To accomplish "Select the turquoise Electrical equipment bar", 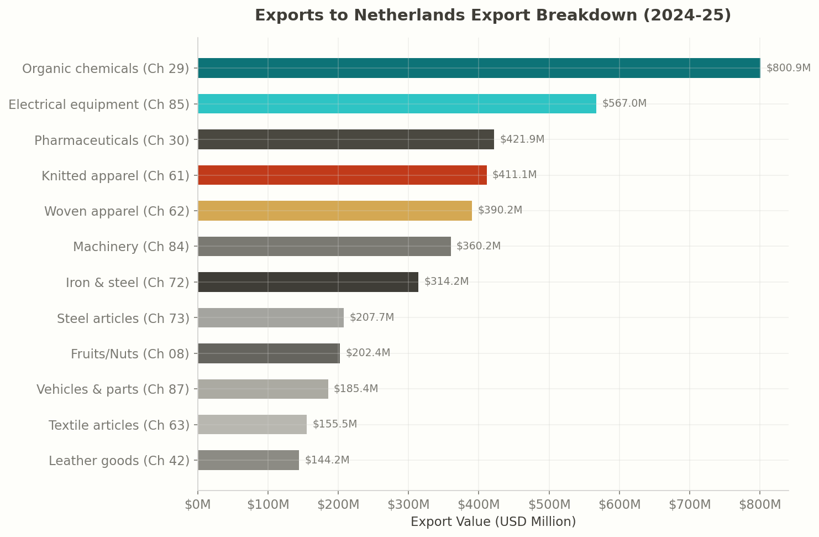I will click(397, 104).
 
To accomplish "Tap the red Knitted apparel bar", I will click(342, 175).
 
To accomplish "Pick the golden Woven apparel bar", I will click(335, 211).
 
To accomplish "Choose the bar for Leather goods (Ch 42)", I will click(248, 460).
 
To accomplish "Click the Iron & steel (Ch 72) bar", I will click(308, 282).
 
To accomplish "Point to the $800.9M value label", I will click(788, 68).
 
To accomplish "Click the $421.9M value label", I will click(522, 139).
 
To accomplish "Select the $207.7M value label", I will click(371, 317).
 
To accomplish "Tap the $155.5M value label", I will click(334, 424).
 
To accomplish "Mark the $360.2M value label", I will click(478, 246).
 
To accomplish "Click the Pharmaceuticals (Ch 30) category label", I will click(112, 140).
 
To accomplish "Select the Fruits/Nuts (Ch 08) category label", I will click(130, 354).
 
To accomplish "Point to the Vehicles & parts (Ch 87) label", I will click(113, 389).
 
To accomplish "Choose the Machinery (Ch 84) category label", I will click(131, 247).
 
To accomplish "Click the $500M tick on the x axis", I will click(549, 505).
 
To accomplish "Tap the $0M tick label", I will click(198, 505).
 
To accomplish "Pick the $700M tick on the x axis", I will click(689, 505).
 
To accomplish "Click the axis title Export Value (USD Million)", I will click(493, 522).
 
